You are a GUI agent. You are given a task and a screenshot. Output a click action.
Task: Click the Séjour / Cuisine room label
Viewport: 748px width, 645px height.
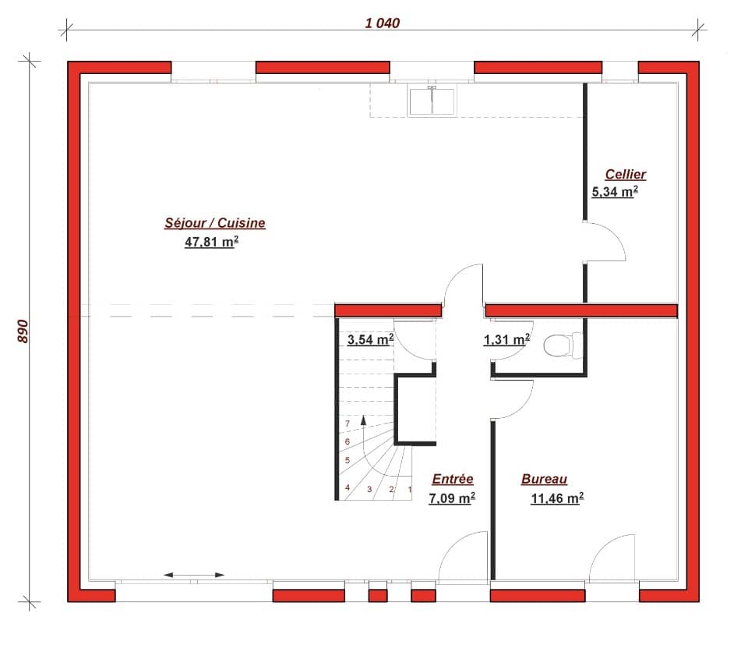(x=214, y=223)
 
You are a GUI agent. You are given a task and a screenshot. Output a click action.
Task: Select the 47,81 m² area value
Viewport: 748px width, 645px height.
(x=211, y=243)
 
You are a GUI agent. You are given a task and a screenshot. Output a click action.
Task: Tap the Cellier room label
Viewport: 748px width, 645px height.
(x=625, y=175)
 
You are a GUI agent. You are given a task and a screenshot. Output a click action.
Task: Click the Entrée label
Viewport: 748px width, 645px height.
(x=452, y=480)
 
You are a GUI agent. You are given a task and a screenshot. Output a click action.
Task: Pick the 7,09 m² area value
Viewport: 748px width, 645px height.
(x=452, y=498)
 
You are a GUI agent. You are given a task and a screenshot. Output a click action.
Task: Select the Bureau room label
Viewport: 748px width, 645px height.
(x=544, y=480)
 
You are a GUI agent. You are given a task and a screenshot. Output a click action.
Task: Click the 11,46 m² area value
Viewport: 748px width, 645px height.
(x=557, y=498)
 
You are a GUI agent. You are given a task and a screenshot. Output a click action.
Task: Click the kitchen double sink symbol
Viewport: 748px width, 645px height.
(x=432, y=101)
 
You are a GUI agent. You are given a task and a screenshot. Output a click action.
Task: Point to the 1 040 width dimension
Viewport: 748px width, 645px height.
(x=382, y=23)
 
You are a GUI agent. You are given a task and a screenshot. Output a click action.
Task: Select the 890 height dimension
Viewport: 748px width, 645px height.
(x=23, y=331)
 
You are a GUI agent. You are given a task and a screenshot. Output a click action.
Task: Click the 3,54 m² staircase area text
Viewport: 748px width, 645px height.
(x=370, y=339)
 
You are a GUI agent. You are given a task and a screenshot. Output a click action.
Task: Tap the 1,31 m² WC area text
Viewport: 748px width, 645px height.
(x=506, y=339)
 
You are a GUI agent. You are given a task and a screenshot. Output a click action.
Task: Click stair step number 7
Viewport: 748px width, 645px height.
(x=348, y=424)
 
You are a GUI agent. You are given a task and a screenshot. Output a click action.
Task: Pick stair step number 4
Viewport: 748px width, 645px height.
(x=348, y=487)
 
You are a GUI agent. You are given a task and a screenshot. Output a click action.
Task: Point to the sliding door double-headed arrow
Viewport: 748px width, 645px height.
(x=194, y=576)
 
